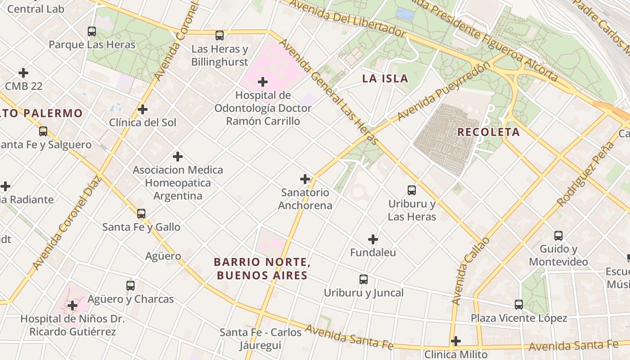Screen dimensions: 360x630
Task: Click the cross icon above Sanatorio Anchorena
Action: click(x=305, y=179)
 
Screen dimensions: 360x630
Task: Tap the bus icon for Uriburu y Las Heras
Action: click(x=412, y=190)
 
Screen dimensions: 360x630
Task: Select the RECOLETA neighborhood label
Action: click(x=488, y=132)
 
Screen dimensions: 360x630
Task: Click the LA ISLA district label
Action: click(x=385, y=79)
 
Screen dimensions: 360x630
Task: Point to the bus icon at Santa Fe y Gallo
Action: click(x=141, y=214)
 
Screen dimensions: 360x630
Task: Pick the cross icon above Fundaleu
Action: click(x=373, y=239)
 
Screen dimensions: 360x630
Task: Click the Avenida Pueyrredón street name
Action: click(x=443, y=91)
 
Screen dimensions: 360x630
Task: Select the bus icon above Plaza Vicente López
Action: click(x=519, y=305)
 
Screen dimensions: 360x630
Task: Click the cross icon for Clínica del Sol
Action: click(x=143, y=109)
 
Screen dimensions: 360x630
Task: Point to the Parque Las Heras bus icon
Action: click(x=92, y=31)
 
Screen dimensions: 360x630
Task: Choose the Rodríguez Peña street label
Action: click(x=585, y=174)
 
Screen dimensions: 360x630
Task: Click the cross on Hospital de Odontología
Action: click(x=263, y=82)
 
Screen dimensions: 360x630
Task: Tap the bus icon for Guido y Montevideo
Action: click(x=558, y=236)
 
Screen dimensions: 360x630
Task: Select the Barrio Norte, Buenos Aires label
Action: click(x=262, y=269)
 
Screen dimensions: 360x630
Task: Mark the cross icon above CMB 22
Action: click(x=23, y=72)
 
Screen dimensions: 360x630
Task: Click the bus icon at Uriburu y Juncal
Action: click(x=364, y=279)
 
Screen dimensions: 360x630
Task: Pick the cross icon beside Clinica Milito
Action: click(x=456, y=341)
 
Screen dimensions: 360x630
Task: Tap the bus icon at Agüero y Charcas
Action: click(x=130, y=285)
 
